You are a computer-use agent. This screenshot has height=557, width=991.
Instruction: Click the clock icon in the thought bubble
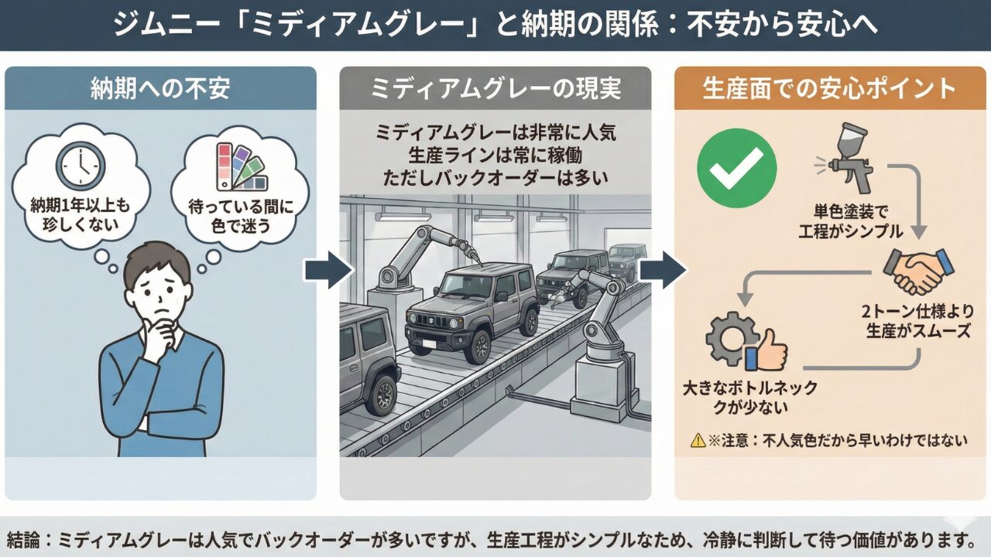[x=79, y=164]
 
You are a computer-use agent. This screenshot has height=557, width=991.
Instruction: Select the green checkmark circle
[x=736, y=169]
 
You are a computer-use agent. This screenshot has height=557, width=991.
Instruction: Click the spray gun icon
[x=848, y=160]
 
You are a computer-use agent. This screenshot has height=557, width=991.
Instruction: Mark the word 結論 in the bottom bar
[x=25, y=538]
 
